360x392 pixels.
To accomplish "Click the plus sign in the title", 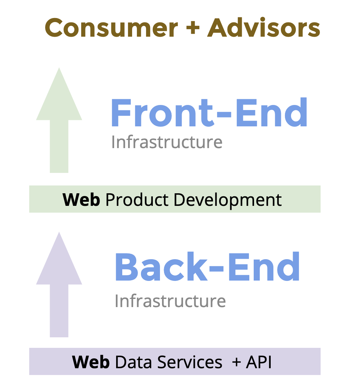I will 193,28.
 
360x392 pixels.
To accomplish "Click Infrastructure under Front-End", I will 167,142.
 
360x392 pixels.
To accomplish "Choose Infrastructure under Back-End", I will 170,301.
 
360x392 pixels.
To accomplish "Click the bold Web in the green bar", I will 81,200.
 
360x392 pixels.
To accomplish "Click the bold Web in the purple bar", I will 91,362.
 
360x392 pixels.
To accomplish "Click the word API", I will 259,362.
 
